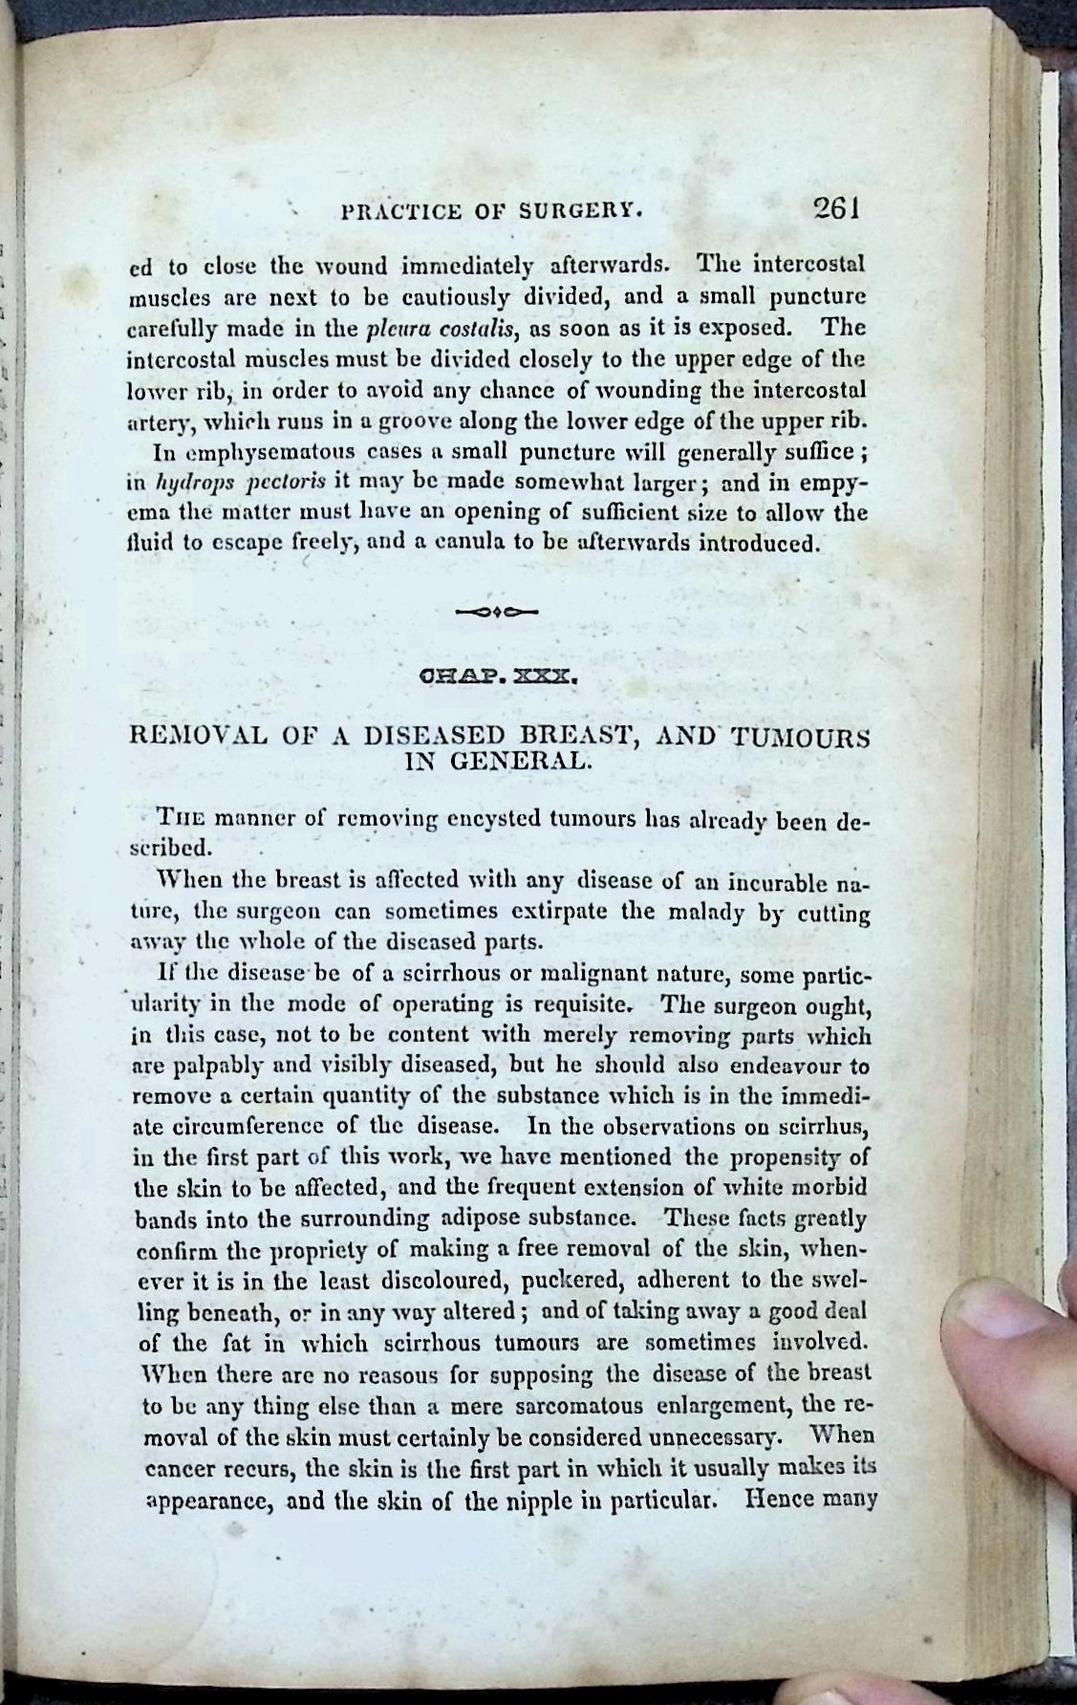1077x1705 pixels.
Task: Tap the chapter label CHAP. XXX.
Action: coord(496,678)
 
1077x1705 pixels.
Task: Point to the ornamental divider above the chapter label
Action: coord(497,609)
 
